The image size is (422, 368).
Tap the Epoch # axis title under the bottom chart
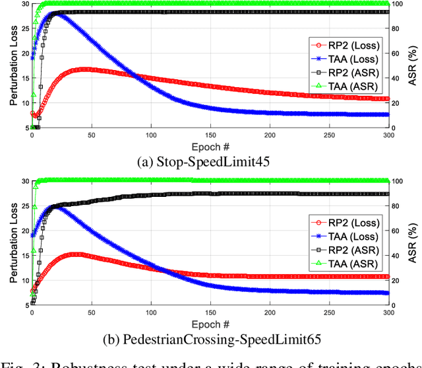[x=210, y=325]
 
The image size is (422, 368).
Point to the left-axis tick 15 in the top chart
[x=24, y=78]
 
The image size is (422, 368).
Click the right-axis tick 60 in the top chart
[x=398, y=53]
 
